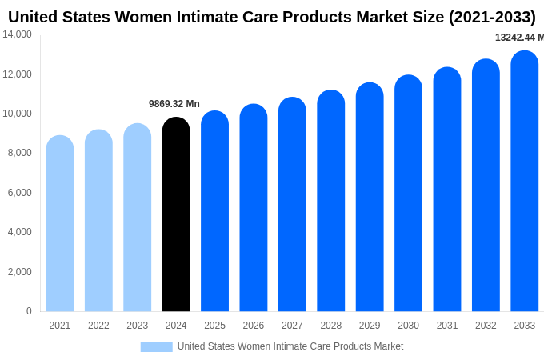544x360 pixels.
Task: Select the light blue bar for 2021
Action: point(60,223)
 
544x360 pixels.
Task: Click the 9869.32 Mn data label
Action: point(174,104)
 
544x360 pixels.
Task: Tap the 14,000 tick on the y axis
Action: point(17,34)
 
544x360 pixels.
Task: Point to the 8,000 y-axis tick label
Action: point(17,153)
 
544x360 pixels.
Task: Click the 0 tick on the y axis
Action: point(29,311)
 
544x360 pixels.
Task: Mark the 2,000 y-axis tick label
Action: point(17,272)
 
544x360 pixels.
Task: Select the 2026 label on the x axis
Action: point(254,326)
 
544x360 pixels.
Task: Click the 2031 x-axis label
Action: point(447,326)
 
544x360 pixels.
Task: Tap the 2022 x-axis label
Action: point(98,326)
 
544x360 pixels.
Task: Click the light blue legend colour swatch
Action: point(156,346)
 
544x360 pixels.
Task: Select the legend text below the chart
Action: point(290,346)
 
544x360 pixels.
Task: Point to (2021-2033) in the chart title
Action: point(492,17)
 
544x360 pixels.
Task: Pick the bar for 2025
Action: point(214,211)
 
